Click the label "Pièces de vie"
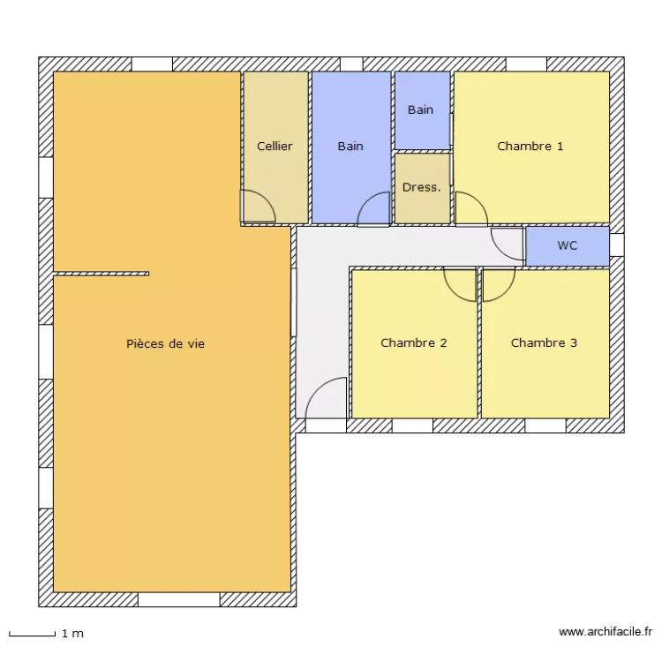[x=165, y=343]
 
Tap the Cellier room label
[x=275, y=147]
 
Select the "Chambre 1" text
[x=530, y=147]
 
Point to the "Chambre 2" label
[x=413, y=342]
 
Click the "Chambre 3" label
[x=544, y=342]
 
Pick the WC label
[x=567, y=246]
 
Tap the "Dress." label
[x=421, y=187]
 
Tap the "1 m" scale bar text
[x=72, y=634]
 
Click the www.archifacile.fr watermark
[x=606, y=632]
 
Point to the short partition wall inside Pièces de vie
[x=102, y=274]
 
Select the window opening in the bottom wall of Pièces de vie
[x=178, y=600]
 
